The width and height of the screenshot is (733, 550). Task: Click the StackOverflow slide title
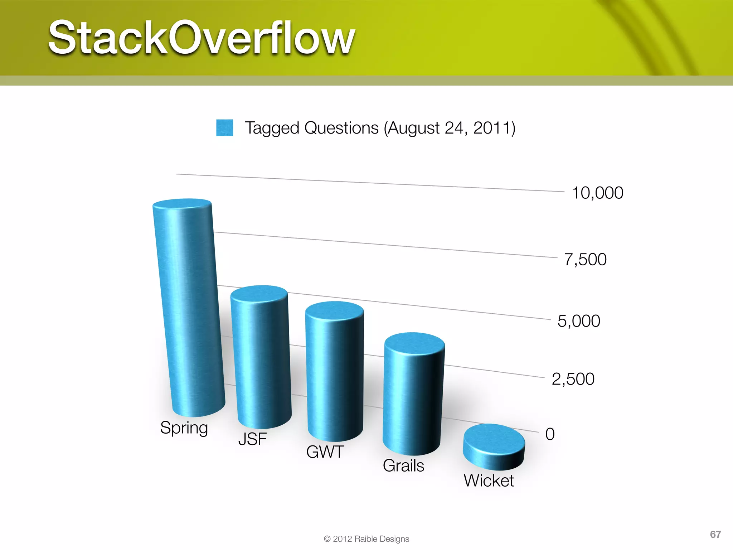[202, 38]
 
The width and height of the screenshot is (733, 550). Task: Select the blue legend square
[224, 128]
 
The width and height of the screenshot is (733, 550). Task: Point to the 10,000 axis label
[597, 193]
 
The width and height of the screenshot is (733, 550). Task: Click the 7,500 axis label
[585, 260]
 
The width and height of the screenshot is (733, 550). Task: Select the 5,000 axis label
[579, 321]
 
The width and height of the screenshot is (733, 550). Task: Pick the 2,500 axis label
[573, 379]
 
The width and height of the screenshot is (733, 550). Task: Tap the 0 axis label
[550, 434]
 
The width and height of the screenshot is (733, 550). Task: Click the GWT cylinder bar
[335, 372]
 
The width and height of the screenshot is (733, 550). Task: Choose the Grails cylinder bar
[413, 394]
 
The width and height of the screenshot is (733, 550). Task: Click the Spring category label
[184, 428]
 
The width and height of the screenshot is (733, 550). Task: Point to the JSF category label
[252, 439]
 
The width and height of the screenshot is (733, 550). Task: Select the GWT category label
[325, 452]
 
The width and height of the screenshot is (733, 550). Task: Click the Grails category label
[403, 466]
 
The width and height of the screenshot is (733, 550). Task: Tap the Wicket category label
[489, 481]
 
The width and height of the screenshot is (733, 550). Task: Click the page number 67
[715, 535]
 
